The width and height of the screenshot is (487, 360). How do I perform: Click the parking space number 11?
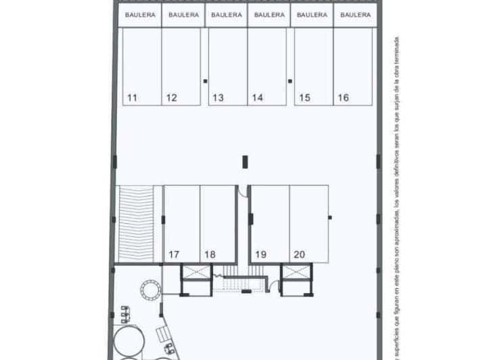click(132, 98)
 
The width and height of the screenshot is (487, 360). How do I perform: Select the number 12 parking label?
click(171, 98)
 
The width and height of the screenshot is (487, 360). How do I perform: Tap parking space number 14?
click(257, 98)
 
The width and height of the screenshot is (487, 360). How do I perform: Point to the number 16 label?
click(343, 98)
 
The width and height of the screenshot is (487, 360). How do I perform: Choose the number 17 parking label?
click(174, 255)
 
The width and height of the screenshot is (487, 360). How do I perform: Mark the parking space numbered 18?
click(210, 255)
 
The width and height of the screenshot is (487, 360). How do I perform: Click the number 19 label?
click(260, 255)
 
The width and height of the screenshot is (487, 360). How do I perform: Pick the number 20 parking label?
click(300, 255)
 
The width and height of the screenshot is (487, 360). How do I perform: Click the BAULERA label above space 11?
click(140, 14)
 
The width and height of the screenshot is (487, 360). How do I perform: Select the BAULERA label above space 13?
click(226, 14)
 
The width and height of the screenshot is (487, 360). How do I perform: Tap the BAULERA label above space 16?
click(355, 14)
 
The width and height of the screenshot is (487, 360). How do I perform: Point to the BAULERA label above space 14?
click(269, 14)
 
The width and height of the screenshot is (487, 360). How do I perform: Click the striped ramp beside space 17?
click(139, 223)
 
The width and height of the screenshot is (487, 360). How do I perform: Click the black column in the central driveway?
click(246, 162)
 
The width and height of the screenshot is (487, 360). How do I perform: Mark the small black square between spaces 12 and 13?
click(205, 81)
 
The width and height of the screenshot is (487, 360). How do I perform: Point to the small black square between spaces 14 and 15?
click(290, 81)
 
